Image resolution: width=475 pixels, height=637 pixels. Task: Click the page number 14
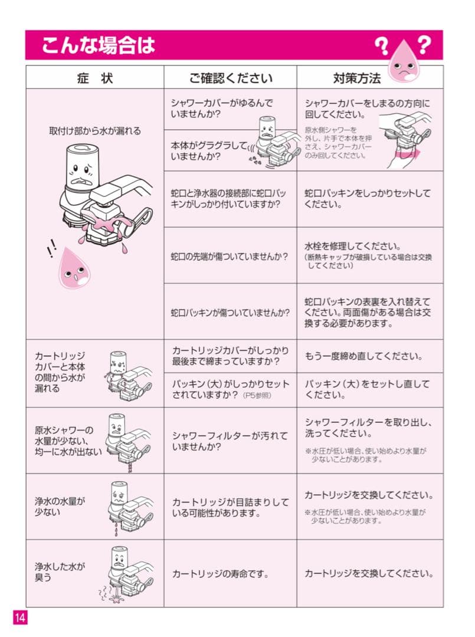point(20,618)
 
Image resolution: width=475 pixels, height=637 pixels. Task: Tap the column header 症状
point(94,78)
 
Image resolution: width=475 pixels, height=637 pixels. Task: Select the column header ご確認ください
point(231,78)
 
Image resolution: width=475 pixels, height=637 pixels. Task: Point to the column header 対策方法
point(357,78)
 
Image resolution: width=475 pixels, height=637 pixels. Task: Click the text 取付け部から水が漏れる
point(94,132)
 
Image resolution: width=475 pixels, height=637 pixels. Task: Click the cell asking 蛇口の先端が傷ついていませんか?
point(230,257)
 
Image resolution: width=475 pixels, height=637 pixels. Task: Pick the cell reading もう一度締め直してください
point(363,356)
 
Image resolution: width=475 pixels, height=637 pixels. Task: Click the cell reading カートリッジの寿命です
point(220,573)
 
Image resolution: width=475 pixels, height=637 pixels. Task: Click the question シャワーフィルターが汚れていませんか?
point(230,441)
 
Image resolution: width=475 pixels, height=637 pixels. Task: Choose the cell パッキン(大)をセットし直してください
point(367,390)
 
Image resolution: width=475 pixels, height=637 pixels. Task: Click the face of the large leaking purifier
point(79,173)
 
